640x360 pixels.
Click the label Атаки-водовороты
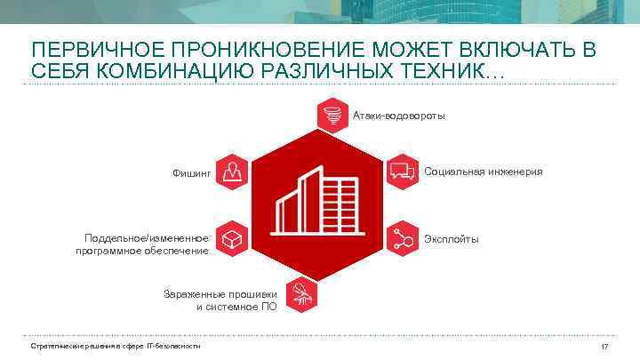point(399,116)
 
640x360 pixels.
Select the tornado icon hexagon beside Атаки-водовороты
point(332,116)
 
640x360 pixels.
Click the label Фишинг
point(191,172)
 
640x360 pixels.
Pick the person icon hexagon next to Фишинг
point(231,171)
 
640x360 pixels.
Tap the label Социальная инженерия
point(483,171)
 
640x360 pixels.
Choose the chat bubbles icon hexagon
point(403,170)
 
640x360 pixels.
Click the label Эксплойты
point(452,239)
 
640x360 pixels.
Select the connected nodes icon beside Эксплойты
point(403,238)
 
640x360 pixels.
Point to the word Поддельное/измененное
point(147,238)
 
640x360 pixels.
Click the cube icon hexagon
point(231,238)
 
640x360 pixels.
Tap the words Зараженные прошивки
point(220,293)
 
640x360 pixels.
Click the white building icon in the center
point(316,204)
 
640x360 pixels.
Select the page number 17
point(604,346)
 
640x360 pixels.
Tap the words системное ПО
point(243,306)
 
